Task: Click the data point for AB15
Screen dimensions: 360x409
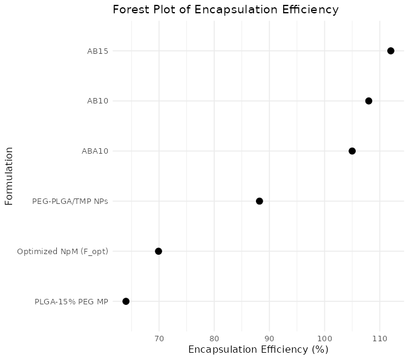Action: pos(391,51)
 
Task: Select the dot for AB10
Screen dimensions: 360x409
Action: pos(368,101)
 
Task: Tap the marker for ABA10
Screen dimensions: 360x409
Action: pos(352,151)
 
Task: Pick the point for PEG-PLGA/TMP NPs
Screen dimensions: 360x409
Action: pos(260,201)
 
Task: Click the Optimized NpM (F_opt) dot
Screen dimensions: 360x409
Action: pos(159,251)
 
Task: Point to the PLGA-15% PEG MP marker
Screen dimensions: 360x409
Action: pos(126,301)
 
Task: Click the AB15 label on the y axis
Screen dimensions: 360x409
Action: pos(97,51)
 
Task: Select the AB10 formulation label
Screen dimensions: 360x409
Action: pos(97,101)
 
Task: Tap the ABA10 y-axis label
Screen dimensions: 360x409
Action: pos(94,151)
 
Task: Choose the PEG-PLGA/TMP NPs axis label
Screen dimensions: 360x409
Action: pos(70,201)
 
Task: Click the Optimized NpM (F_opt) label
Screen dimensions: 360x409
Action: pos(63,252)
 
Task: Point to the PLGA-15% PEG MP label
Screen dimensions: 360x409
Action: pos(71,301)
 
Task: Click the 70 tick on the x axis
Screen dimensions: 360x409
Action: pos(159,336)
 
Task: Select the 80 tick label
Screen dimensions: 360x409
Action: pos(214,336)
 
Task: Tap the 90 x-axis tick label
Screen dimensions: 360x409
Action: pos(269,336)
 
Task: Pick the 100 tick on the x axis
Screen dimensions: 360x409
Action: pos(325,336)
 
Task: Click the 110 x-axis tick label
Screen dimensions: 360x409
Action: pos(380,336)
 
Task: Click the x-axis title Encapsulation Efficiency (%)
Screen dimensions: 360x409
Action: pos(258,350)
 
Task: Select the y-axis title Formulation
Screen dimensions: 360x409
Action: pos(9,176)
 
